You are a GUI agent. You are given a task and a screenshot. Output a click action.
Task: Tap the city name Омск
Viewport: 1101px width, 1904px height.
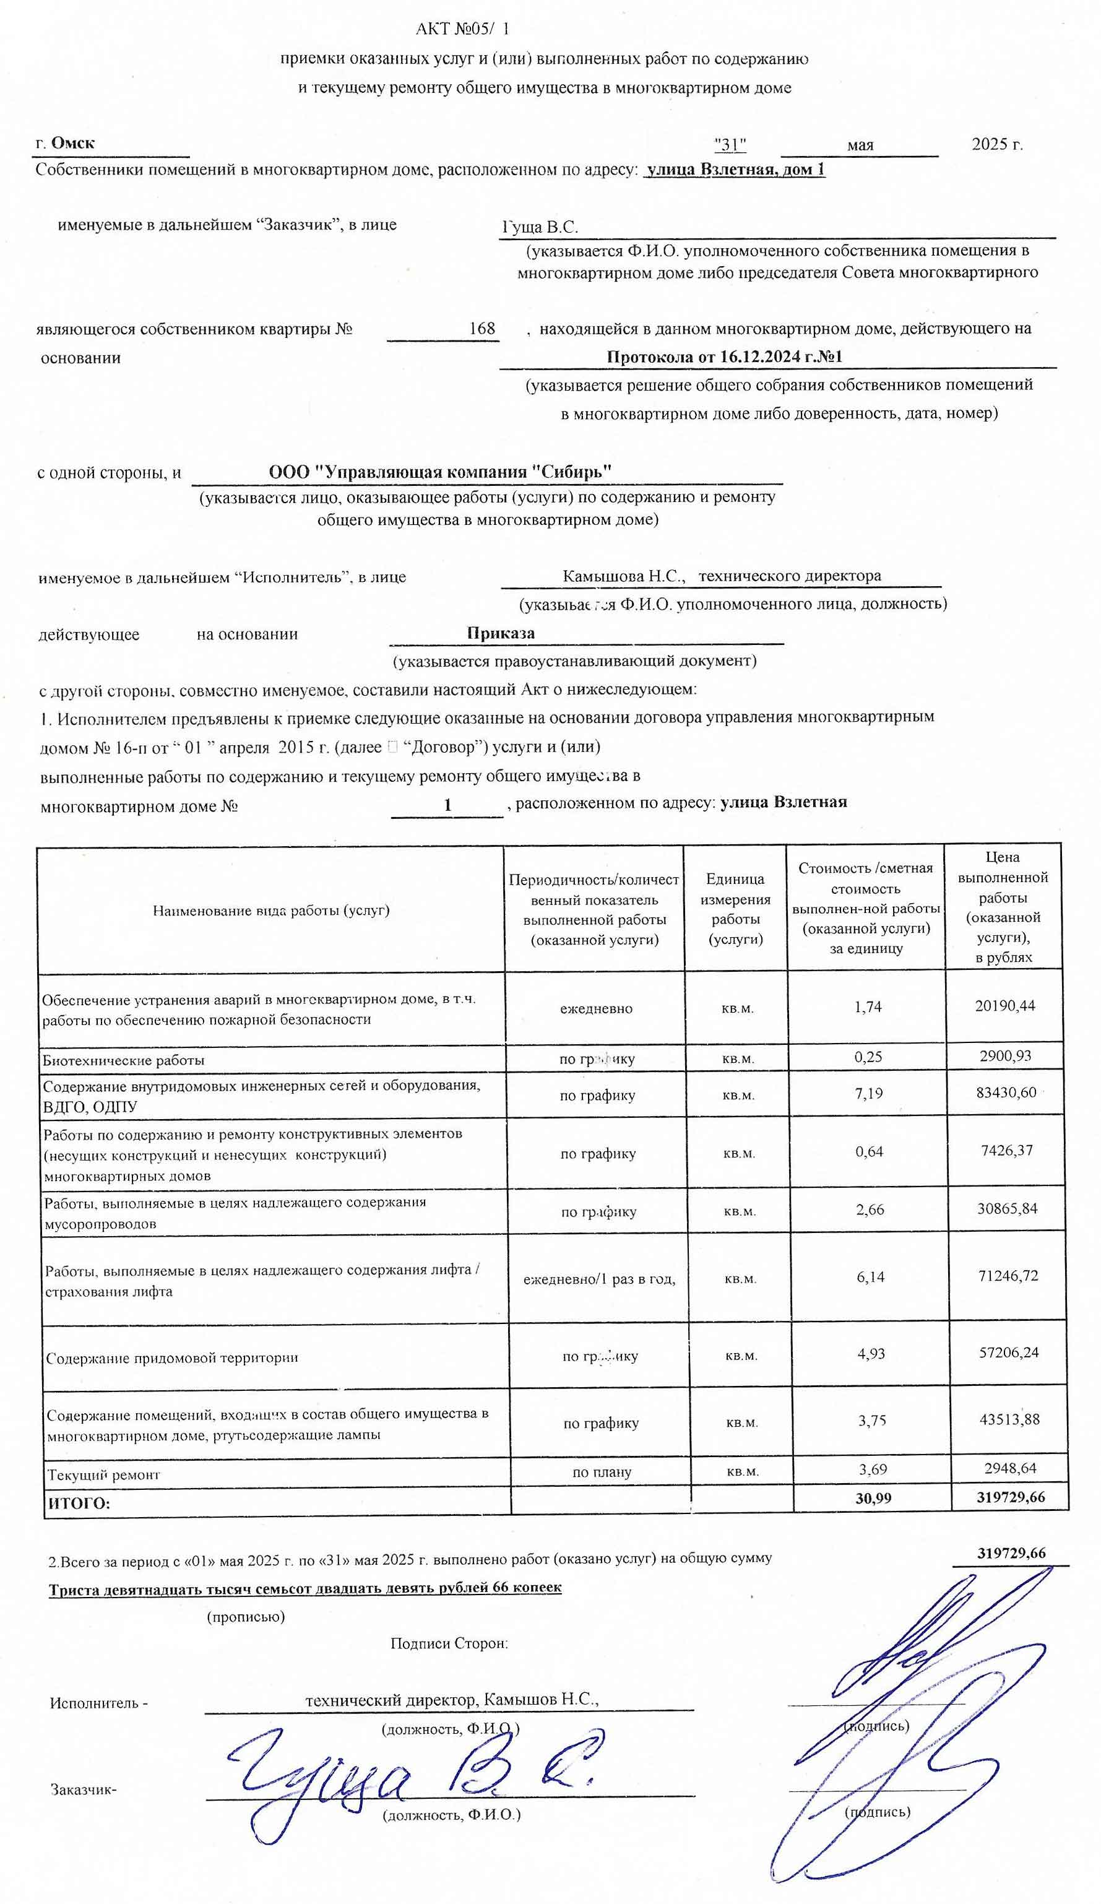(x=72, y=143)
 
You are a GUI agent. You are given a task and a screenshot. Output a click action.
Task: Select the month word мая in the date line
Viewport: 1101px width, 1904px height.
(x=859, y=145)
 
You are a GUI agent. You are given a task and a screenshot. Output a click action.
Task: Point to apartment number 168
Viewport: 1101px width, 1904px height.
(x=481, y=329)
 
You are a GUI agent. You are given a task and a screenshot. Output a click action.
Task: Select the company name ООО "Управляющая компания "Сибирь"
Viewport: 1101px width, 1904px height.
(x=440, y=472)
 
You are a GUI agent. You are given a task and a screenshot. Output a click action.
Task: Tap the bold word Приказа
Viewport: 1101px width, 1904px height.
(x=500, y=633)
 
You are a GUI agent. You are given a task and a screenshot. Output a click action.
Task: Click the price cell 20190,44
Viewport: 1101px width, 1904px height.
(x=1004, y=1006)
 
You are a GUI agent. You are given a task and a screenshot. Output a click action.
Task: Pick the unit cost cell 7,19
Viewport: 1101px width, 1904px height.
(x=868, y=1093)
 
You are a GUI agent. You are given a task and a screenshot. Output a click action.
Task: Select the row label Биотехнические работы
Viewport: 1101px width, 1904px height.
(x=123, y=1060)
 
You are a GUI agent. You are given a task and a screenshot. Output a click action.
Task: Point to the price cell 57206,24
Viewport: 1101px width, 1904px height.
(x=1008, y=1352)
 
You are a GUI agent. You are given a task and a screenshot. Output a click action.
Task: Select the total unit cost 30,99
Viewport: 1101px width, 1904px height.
(x=873, y=1499)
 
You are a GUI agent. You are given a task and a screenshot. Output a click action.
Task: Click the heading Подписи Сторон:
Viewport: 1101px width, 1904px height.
(x=449, y=1643)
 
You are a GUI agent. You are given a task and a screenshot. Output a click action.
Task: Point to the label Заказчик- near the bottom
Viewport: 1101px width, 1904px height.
(x=83, y=1789)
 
